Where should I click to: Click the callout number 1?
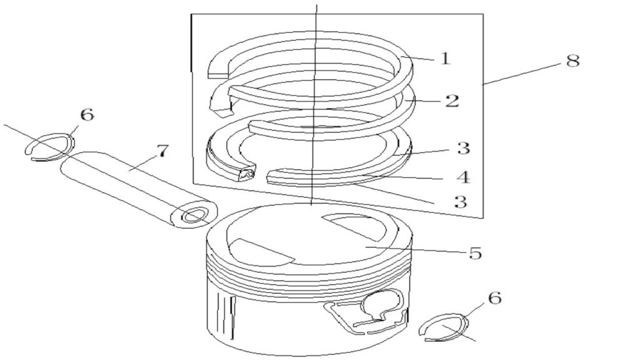click(445, 58)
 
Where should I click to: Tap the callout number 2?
click(452, 101)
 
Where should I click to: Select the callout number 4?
click(463, 177)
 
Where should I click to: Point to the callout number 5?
click(475, 253)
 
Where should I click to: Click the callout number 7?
click(162, 151)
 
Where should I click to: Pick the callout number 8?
click(573, 61)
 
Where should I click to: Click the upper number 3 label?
click(463, 148)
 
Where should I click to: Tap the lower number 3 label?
click(461, 202)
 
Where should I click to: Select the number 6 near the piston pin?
click(87, 115)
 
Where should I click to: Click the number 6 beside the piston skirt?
click(495, 298)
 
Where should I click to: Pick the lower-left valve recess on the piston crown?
click(259, 253)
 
